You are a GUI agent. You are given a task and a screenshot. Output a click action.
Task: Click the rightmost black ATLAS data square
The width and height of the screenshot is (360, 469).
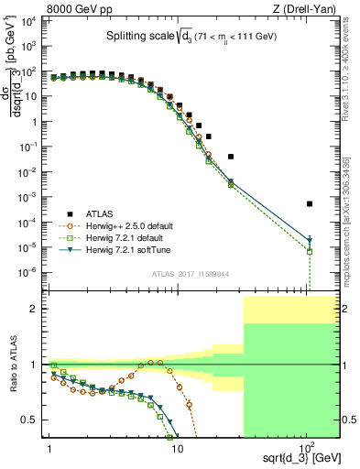pyautogui.click(x=310, y=203)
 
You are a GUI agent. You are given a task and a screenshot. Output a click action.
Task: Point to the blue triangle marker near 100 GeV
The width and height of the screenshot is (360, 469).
pyautogui.click(x=310, y=241)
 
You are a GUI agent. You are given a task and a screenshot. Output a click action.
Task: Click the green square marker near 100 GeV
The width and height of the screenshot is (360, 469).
pyautogui.click(x=310, y=251)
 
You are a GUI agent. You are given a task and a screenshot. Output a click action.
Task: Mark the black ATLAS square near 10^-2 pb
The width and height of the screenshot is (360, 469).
pyautogui.click(x=231, y=157)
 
